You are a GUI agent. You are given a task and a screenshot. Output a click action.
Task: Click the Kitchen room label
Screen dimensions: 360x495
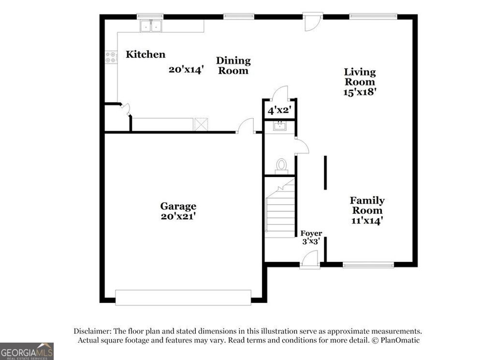146,54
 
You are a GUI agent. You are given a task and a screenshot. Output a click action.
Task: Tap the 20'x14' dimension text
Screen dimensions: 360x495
186,69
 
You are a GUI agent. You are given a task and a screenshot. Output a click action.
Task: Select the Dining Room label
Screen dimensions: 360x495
233,65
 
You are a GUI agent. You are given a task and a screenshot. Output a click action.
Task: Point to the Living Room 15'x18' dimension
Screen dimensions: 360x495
360,91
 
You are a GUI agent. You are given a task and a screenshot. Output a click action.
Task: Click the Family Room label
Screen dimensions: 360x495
367,205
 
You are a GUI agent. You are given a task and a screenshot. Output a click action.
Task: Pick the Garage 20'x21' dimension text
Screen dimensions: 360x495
178,216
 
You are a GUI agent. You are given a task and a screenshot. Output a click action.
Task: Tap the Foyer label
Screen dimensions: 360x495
311,234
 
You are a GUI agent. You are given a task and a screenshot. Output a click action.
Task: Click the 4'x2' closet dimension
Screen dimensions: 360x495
278,110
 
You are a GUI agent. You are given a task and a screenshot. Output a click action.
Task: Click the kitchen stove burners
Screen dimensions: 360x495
111,57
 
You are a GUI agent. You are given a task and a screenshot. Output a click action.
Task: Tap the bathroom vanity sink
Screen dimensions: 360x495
279,127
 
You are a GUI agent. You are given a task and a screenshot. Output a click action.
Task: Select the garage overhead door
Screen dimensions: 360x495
183,297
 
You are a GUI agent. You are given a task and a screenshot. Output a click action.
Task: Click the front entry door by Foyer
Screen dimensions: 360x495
309,262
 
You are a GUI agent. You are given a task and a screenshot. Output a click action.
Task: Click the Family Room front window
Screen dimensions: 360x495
368,265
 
